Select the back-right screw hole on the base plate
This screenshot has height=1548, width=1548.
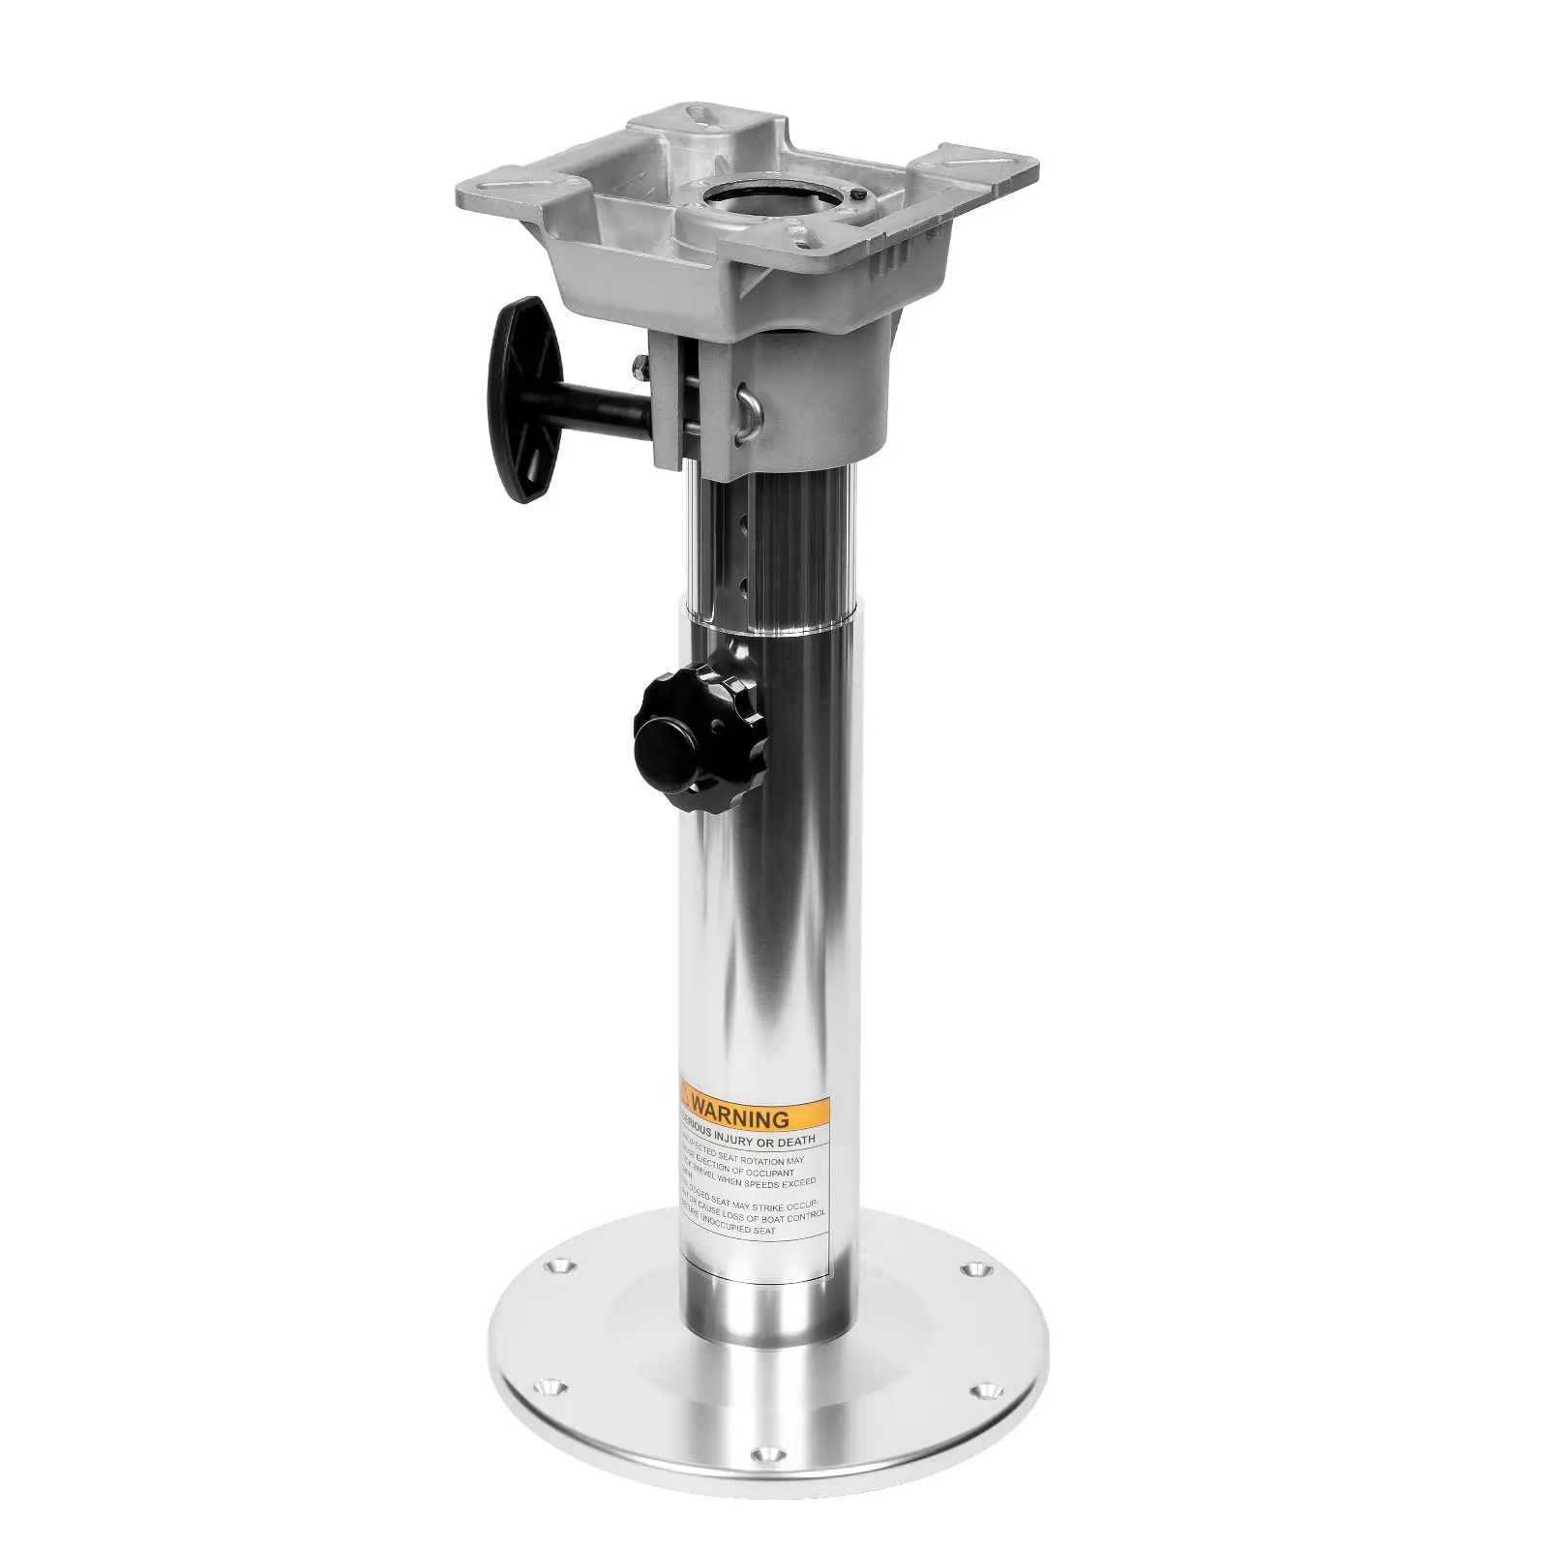(x=972, y=1266)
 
